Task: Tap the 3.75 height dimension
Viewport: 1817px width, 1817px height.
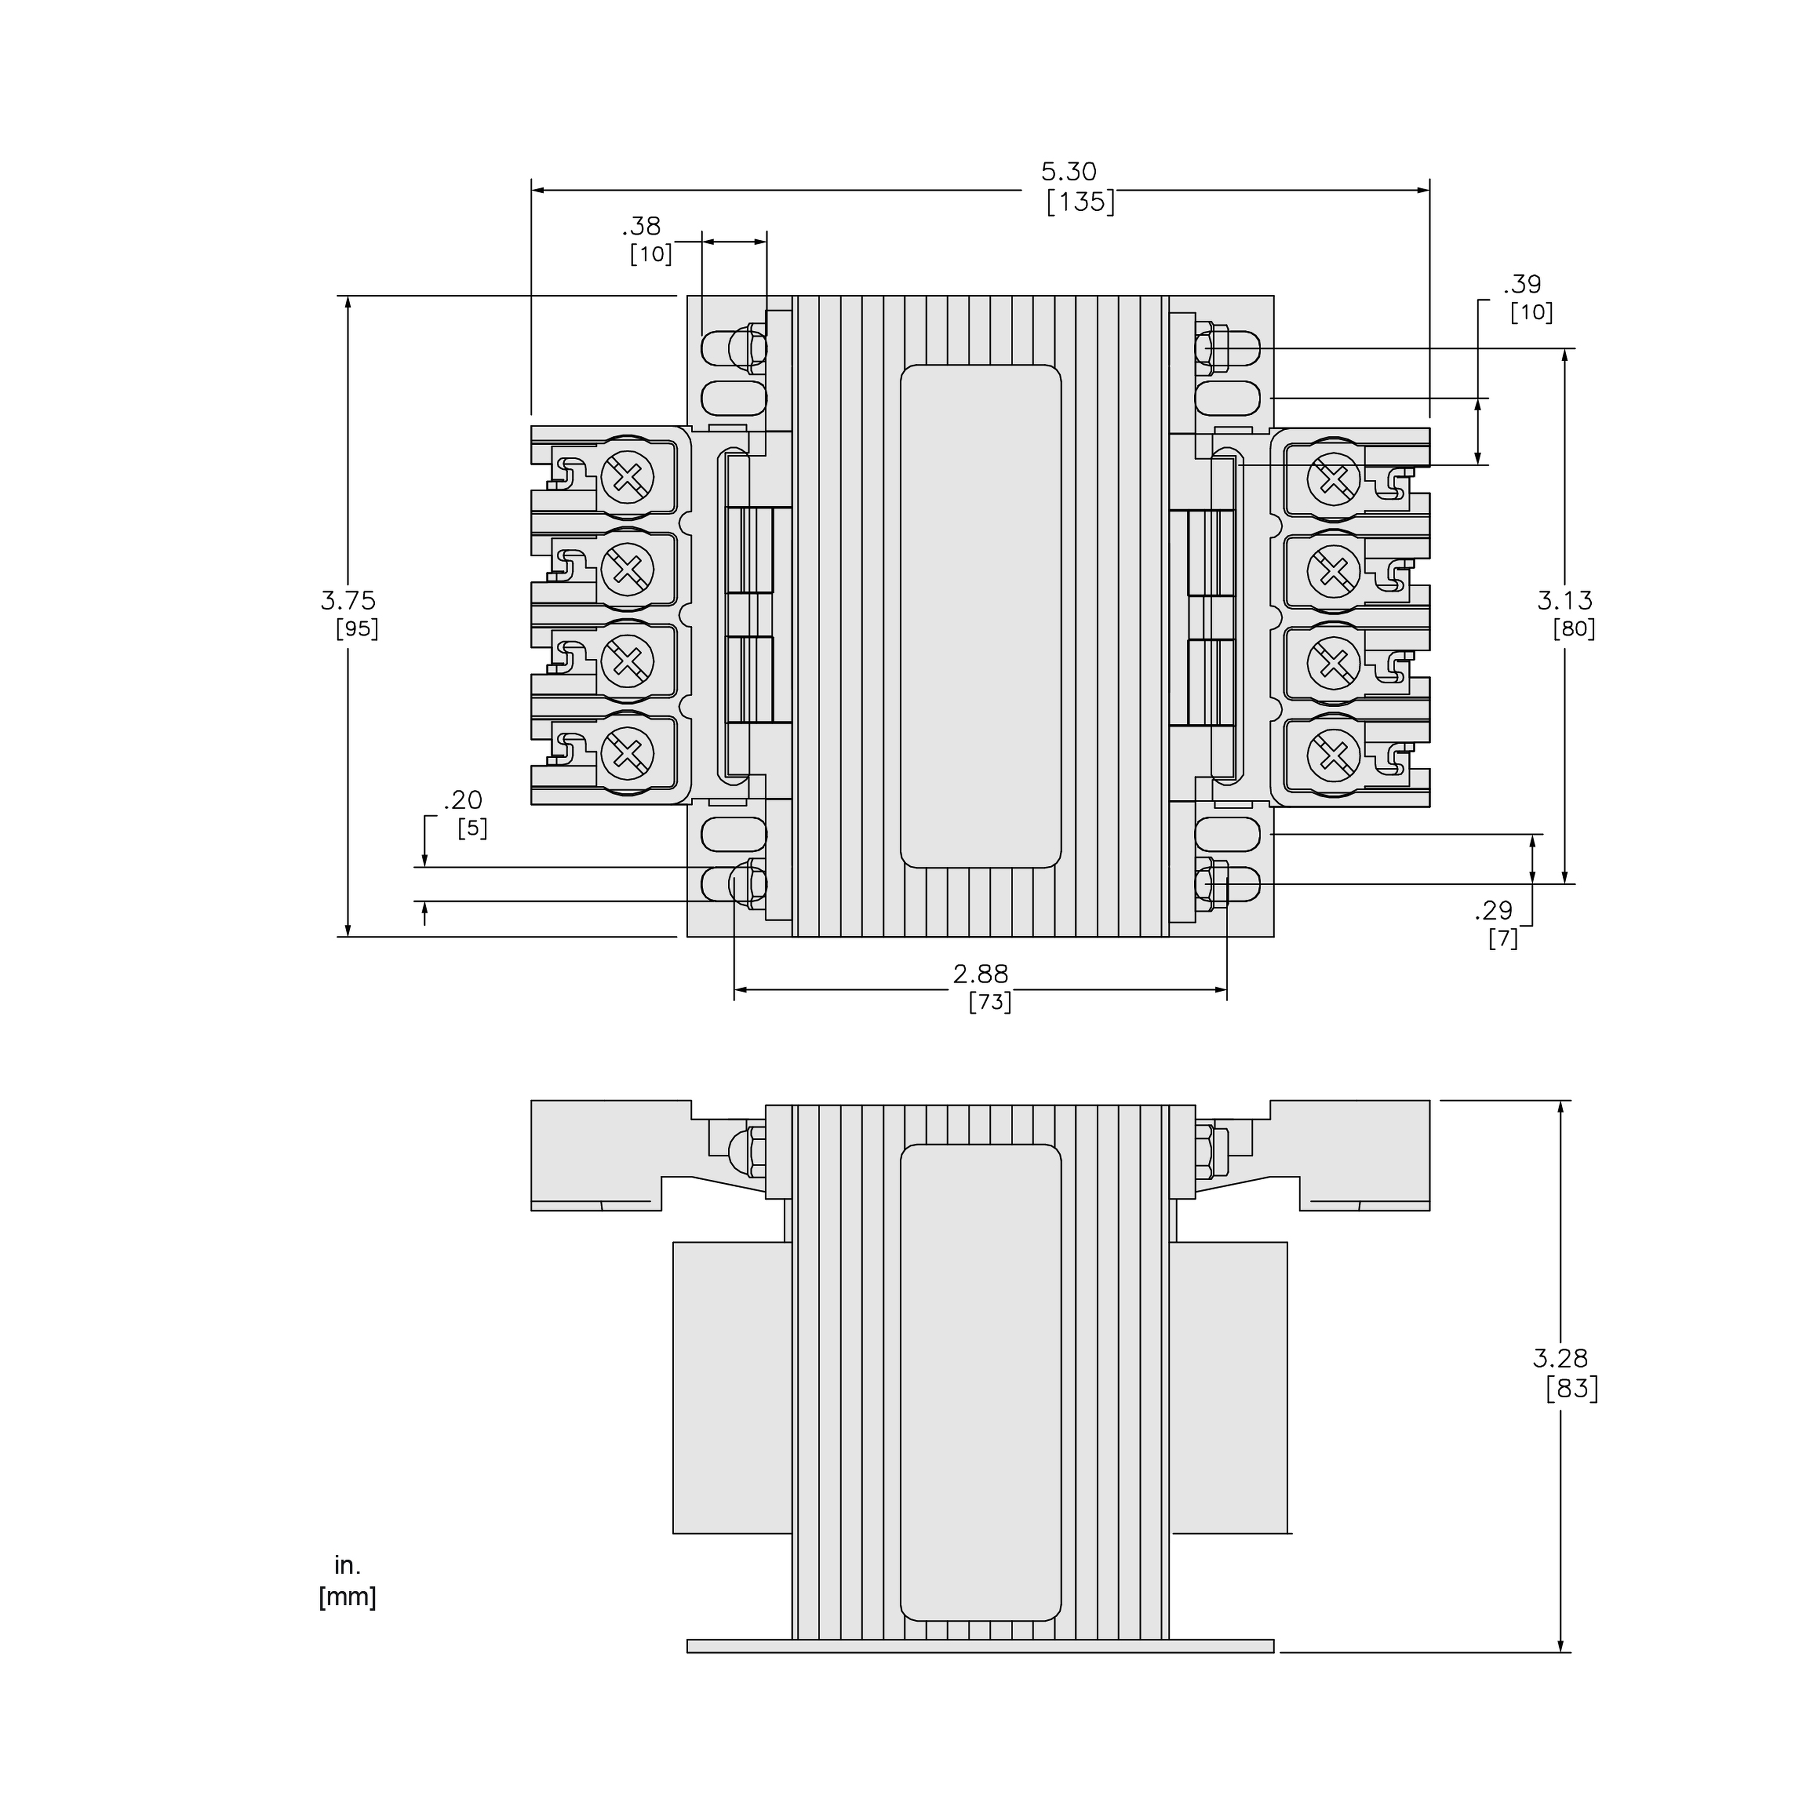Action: point(348,599)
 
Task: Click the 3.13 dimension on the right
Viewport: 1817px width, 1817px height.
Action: point(1565,599)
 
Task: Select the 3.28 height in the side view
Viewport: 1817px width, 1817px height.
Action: point(1559,1357)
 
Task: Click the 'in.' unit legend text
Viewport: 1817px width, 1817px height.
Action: point(347,1565)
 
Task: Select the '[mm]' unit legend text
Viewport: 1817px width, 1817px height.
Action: point(347,1597)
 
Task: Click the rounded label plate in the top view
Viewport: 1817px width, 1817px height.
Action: point(980,616)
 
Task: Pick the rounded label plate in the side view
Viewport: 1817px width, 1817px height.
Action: point(980,1382)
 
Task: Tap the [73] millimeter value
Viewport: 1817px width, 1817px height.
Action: point(989,1003)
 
